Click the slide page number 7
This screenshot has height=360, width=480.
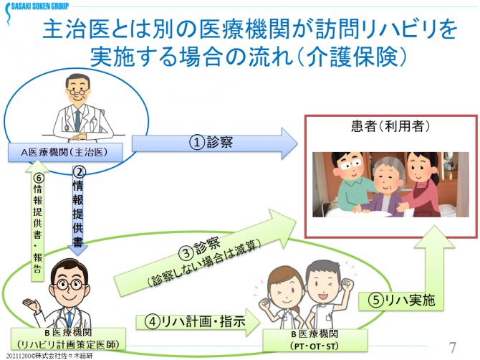tap(452, 346)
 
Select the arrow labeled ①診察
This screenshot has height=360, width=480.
tap(215, 143)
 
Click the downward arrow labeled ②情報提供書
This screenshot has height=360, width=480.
tap(80, 208)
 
